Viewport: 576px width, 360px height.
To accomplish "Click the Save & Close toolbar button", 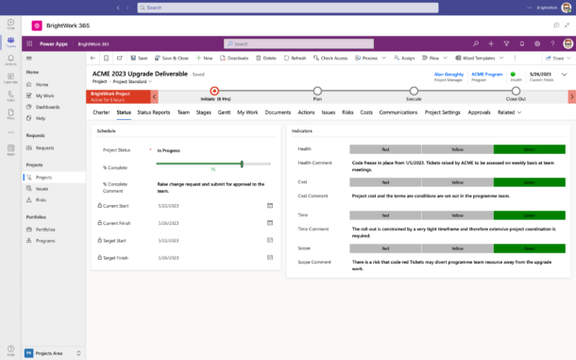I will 172,58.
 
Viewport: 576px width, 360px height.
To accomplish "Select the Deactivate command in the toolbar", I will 234,58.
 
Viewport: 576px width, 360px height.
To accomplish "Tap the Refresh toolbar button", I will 295,58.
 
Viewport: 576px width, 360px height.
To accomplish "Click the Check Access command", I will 330,58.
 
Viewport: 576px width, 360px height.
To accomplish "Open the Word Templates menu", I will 478,58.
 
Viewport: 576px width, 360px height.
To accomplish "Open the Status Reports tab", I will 153,112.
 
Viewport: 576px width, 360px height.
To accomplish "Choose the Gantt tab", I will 224,112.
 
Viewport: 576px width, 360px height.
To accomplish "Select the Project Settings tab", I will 442,112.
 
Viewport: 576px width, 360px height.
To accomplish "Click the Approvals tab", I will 479,112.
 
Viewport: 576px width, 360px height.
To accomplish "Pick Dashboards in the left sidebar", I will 46,107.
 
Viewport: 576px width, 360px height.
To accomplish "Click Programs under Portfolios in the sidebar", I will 45,241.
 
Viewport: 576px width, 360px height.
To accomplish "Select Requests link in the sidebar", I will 44,147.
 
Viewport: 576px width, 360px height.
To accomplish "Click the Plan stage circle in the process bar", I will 318,93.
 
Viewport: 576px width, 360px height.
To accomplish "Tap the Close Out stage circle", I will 517,93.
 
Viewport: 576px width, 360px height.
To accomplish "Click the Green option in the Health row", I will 529,149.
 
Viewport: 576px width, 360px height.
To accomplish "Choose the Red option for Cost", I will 385,181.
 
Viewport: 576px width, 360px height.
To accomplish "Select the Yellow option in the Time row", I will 457,215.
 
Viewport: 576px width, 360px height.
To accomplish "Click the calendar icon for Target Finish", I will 270,256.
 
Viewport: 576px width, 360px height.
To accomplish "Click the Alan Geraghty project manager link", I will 449,73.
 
